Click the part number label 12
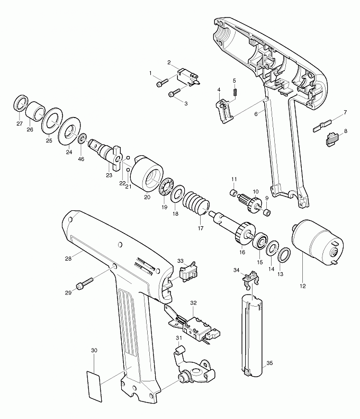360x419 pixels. [x=302, y=286]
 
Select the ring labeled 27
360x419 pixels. [x=21, y=103]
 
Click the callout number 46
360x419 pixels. [x=81, y=159]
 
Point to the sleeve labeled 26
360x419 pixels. [x=35, y=112]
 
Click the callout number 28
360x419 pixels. [x=68, y=258]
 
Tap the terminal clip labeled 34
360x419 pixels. [x=250, y=279]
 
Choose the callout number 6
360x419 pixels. [x=256, y=114]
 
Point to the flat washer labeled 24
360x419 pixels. [x=69, y=131]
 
